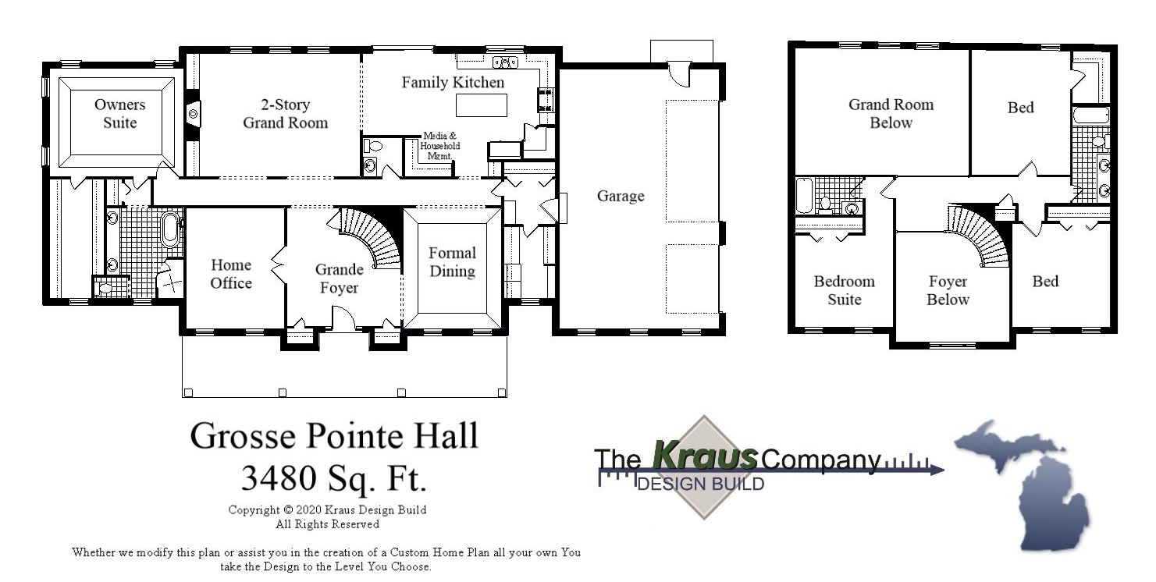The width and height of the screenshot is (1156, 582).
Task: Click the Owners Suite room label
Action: pos(119,114)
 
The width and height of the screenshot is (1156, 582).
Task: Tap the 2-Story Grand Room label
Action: pos(285,114)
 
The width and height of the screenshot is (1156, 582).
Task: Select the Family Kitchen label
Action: pos(453,82)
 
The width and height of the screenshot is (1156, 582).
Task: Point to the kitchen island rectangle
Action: pos(481,105)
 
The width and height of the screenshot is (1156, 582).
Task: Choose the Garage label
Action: pos(621,196)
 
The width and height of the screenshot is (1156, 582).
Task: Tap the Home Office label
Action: pos(231,274)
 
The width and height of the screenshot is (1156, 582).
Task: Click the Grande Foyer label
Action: pos(339,279)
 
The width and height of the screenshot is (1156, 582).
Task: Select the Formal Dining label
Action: pos(452,262)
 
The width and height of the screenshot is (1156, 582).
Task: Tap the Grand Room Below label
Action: pos(891,114)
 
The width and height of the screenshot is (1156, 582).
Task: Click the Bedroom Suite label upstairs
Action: pos(844,290)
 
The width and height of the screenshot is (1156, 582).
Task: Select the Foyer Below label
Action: pos(948,290)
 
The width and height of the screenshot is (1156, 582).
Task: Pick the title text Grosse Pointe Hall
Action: pos(334,435)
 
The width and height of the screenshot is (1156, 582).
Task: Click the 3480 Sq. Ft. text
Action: pos(334,477)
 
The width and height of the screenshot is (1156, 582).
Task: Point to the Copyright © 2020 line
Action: pos(327,510)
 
